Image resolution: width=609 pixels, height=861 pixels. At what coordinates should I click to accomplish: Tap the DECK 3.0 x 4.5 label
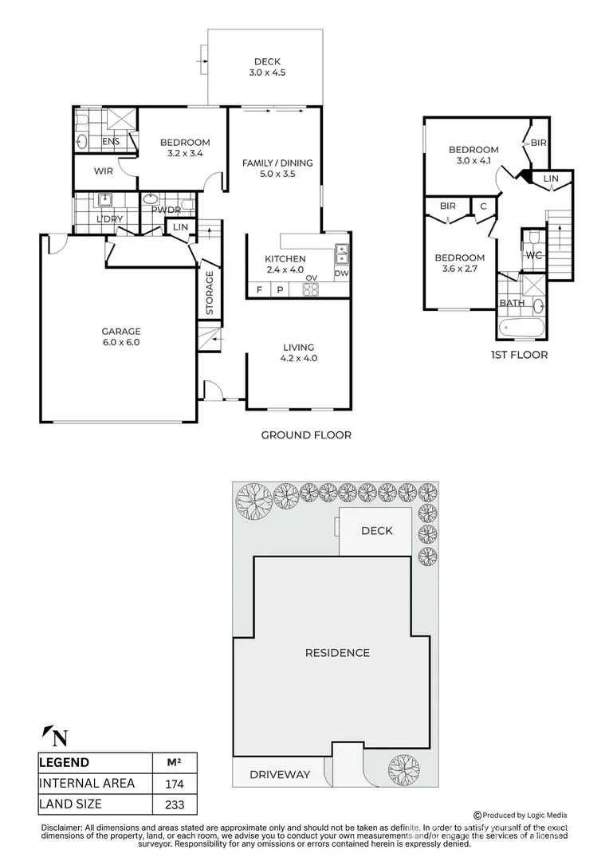(x=267, y=67)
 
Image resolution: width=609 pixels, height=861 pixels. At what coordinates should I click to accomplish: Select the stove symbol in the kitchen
(x=311, y=289)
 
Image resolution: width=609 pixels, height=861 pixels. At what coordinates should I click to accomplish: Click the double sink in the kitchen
(x=342, y=254)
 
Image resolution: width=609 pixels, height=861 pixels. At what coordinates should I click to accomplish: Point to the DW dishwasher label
(x=341, y=273)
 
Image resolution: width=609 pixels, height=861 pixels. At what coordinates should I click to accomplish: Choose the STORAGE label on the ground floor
(x=209, y=293)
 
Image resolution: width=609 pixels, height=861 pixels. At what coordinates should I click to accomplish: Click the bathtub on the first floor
(x=521, y=329)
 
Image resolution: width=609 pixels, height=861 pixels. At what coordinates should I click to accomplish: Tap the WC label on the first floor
(x=534, y=255)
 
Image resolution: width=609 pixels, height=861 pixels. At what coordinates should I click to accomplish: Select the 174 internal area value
(x=175, y=784)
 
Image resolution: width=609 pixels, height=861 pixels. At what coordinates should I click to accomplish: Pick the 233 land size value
(x=175, y=805)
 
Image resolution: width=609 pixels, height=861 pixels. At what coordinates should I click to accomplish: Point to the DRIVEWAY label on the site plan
(x=280, y=775)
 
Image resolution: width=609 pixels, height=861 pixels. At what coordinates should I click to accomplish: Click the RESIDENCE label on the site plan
(x=337, y=653)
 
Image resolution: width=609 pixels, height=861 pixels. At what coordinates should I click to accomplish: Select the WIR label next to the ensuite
(x=104, y=171)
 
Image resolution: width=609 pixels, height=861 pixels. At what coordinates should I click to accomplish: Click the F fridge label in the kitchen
(x=259, y=290)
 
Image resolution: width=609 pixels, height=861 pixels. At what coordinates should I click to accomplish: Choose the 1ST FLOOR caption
(x=519, y=355)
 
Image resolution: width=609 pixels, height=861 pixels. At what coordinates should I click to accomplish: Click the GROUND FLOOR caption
(x=306, y=435)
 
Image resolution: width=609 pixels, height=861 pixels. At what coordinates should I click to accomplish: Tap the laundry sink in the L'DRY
(x=104, y=199)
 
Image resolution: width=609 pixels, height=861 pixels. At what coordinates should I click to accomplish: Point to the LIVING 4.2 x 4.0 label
(x=299, y=352)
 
